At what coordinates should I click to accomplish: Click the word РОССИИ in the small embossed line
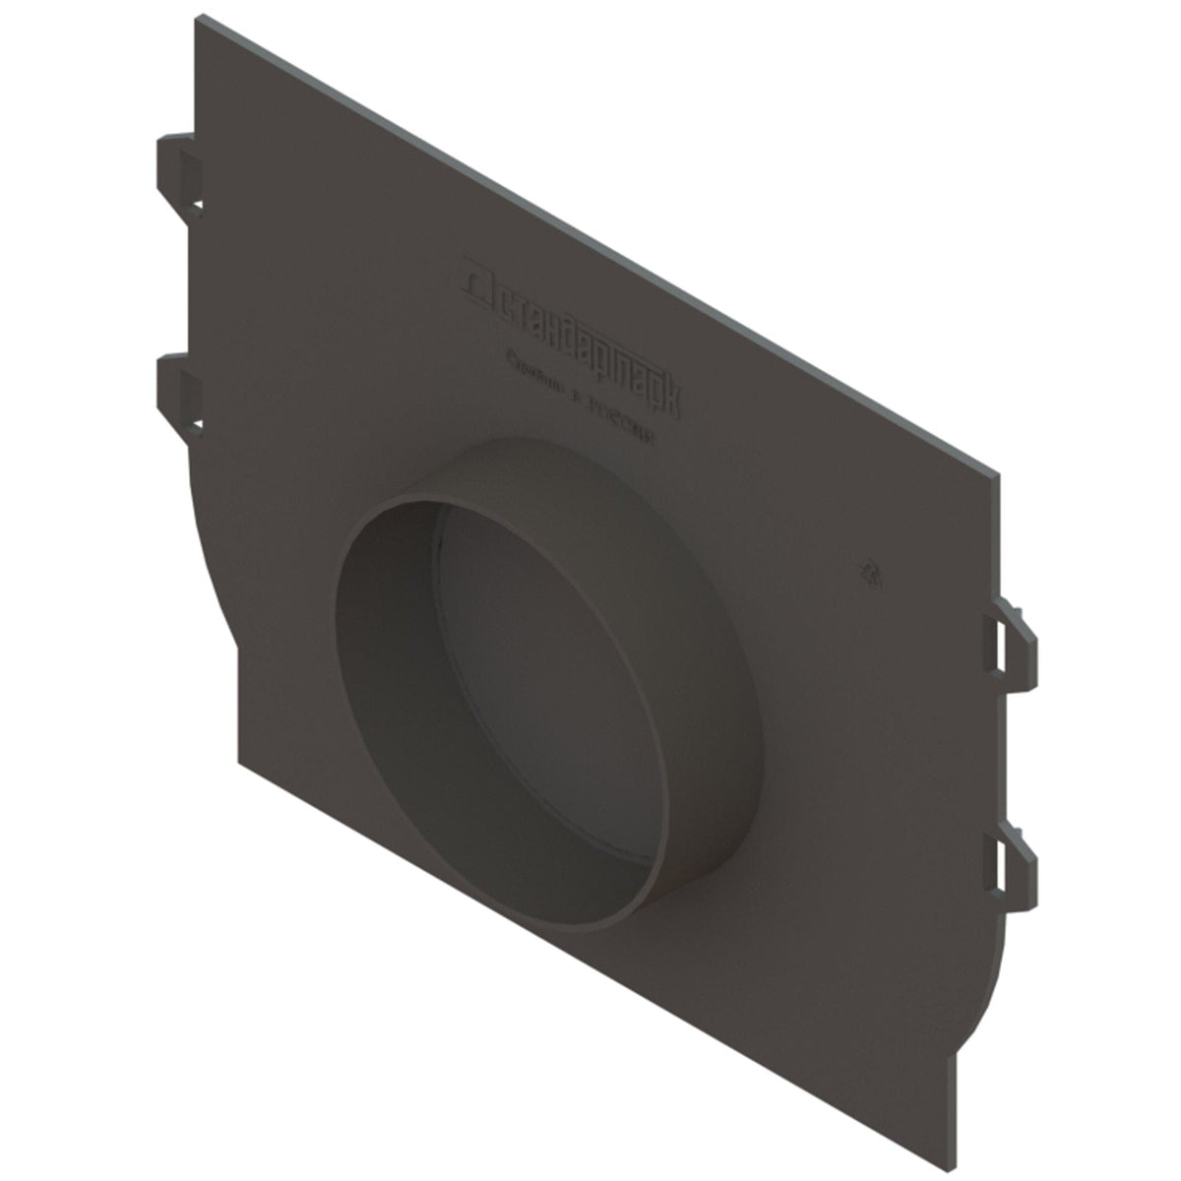(620, 423)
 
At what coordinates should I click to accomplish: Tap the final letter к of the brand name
(668, 399)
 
